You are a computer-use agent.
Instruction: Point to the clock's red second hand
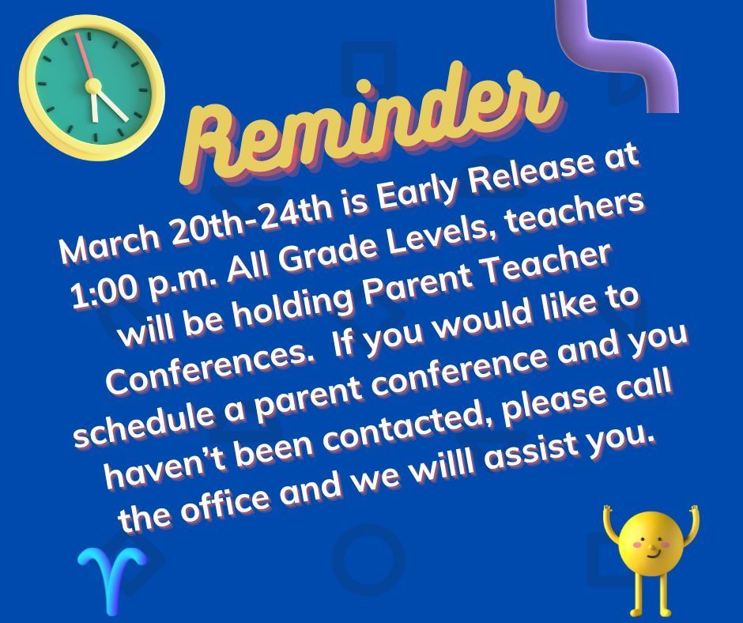85,56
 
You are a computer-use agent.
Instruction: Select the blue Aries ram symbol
112,580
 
